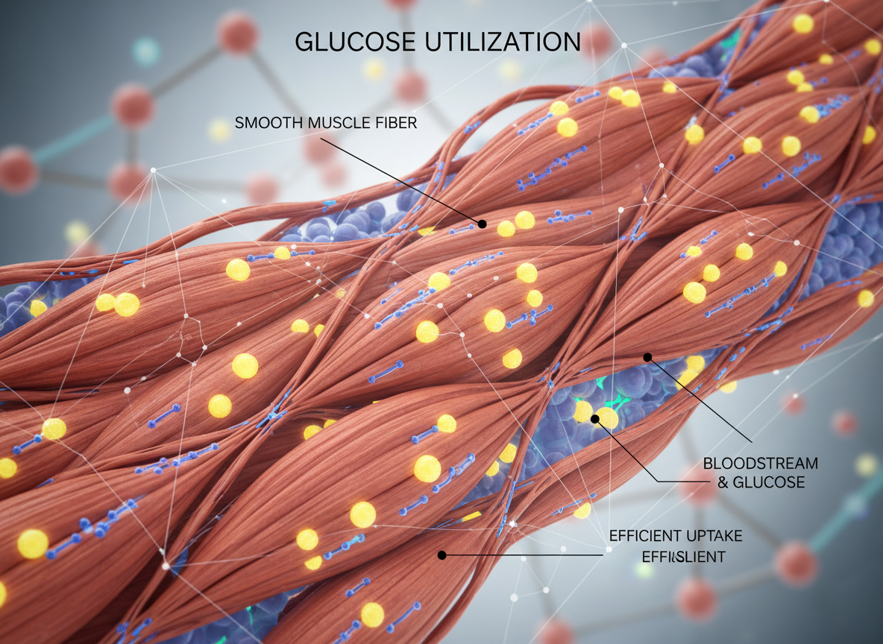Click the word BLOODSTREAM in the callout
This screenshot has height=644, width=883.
click(760, 463)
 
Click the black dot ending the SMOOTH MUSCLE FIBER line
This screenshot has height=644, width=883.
click(483, 224)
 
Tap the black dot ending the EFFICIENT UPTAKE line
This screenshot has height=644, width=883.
click(441, 555)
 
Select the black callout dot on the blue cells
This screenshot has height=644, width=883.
click(595, 419)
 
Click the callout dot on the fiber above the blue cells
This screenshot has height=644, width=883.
click(647, 357)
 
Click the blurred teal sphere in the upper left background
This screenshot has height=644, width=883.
click(146, 51)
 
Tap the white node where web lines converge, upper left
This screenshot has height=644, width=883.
click(154, 171)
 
